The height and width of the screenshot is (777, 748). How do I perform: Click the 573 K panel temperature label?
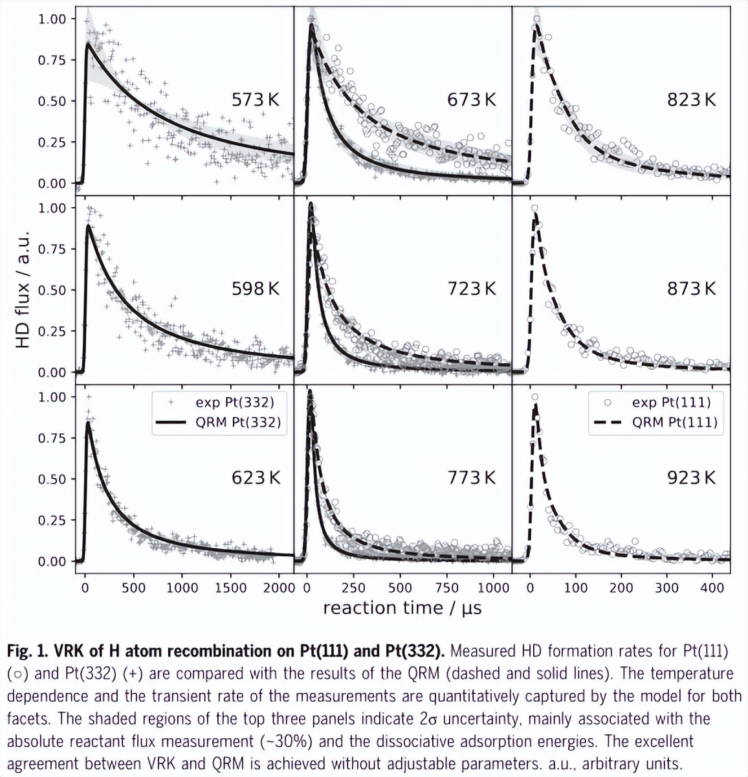point(256,100)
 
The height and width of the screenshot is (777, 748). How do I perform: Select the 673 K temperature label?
point(472,100)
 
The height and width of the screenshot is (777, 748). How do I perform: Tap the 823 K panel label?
point(692,100)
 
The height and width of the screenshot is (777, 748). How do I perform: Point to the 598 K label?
point(256,289)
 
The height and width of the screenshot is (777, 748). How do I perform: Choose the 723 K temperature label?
point(472,289)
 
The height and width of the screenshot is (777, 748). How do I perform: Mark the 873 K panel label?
point(692,289)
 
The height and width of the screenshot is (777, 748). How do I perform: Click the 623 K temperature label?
point(256,478)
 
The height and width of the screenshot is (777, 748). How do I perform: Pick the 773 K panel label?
point(472,478)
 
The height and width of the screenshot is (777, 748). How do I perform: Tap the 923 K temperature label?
point(692,478)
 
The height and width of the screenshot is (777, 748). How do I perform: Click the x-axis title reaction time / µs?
point(402,608)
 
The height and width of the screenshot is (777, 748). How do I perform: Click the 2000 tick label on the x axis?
point(280,588)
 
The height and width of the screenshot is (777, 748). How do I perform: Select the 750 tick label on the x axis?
point(446,588)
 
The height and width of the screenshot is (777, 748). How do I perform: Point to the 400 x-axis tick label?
point(712,588)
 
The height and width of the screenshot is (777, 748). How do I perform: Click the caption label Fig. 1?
point(25,651)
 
